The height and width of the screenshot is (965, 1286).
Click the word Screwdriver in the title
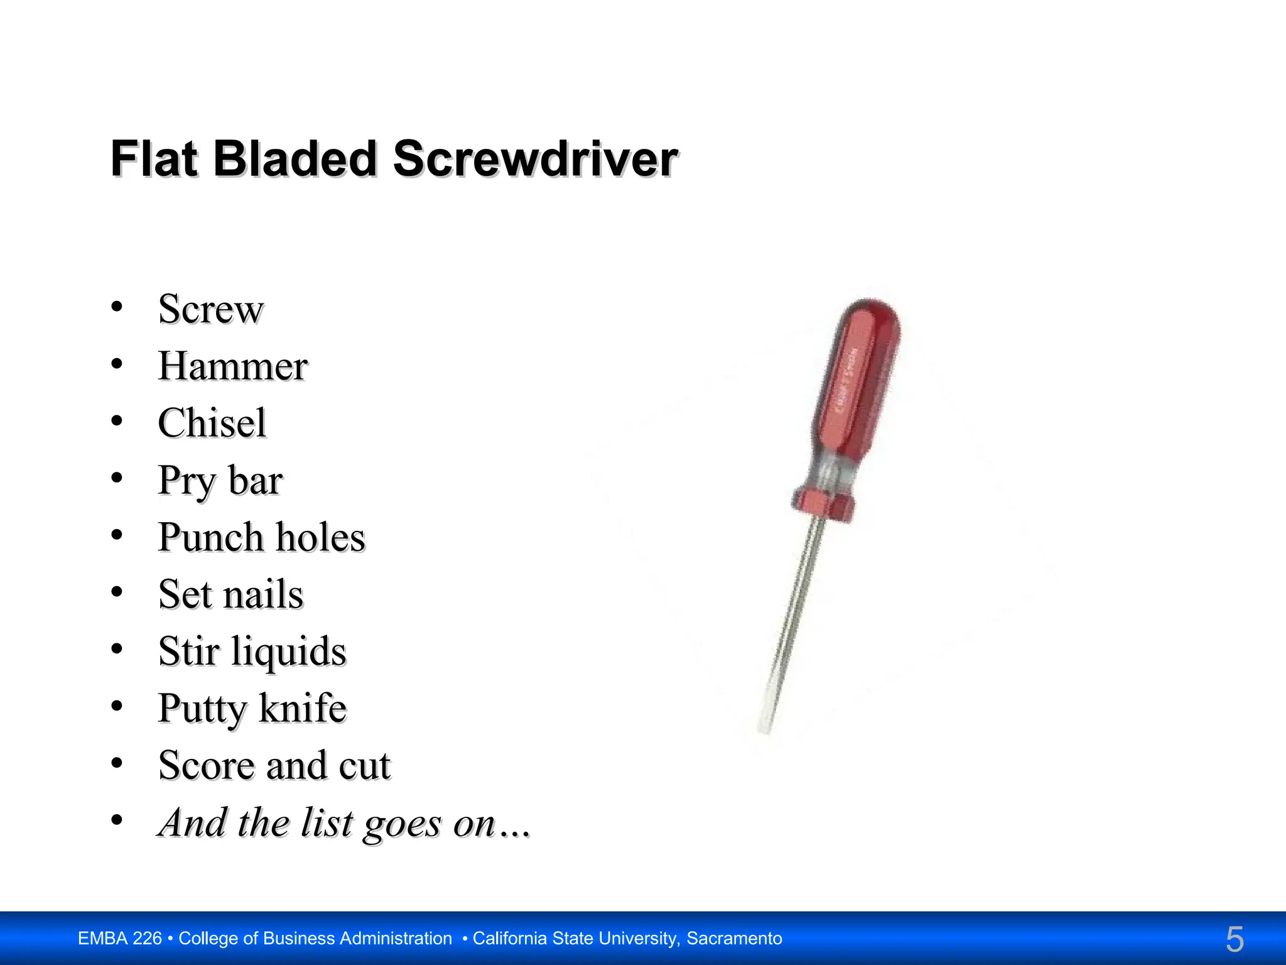[535, 159]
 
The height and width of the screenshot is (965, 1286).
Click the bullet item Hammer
[232, 366]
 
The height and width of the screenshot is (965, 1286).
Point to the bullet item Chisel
[212, 423]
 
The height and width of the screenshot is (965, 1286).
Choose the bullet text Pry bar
[220, 481]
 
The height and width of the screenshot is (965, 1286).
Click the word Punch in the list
[210, 538]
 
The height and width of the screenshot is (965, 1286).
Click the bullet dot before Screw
[117, 307]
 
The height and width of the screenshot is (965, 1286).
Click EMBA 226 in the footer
[119, 939]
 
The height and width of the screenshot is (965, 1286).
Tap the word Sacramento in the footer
[734, 939]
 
